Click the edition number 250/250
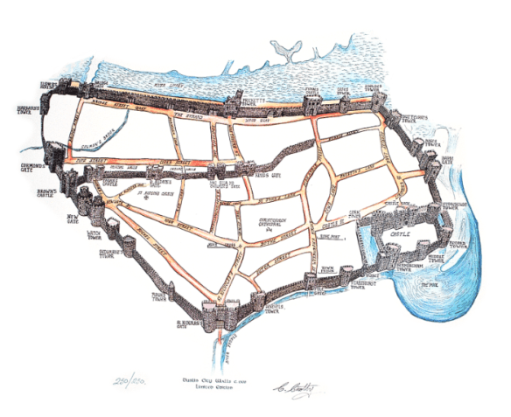131,382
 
